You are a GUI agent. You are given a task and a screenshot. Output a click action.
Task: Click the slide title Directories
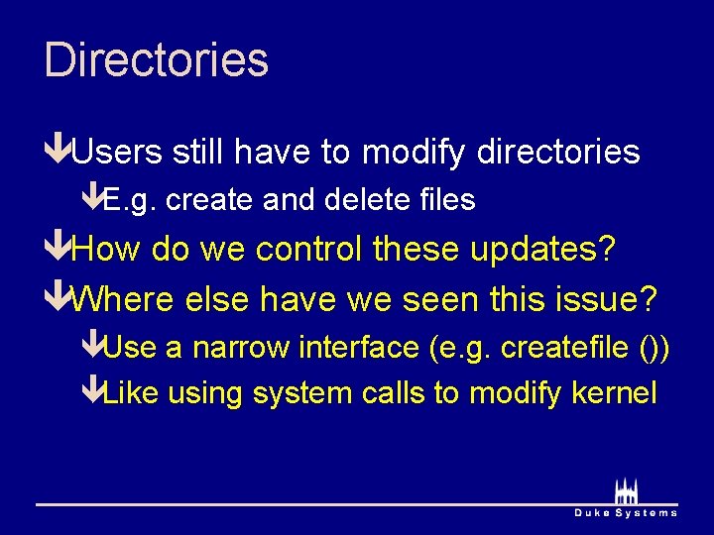[156, 59]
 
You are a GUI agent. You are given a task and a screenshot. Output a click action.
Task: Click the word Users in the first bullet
[117, 152]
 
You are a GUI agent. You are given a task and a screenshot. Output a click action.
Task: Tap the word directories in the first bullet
[557, 152]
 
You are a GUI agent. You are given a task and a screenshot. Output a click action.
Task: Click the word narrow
[231, 348]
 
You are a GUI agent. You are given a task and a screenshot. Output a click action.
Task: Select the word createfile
[564, 348]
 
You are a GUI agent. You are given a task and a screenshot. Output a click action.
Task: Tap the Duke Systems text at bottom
[626, 512]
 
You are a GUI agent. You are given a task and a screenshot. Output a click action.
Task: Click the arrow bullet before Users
[58, 152]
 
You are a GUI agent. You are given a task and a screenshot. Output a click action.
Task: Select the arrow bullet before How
[58, 250]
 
